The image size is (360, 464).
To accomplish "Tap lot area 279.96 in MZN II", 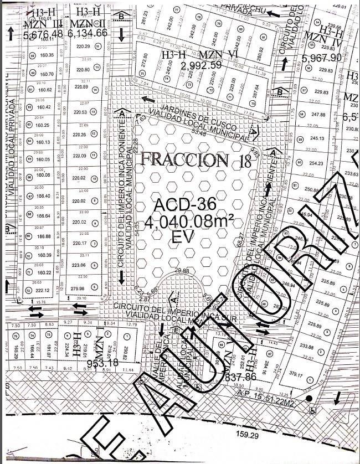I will click(x=77, y=288).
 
